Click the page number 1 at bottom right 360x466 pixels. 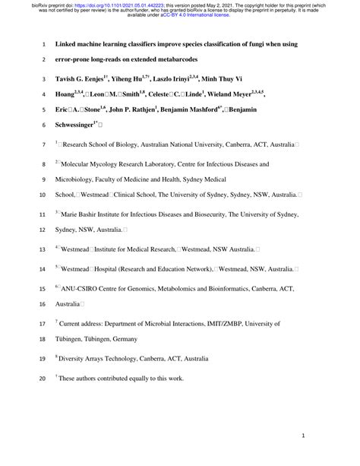pyautogui.click(x=303, y=438)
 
